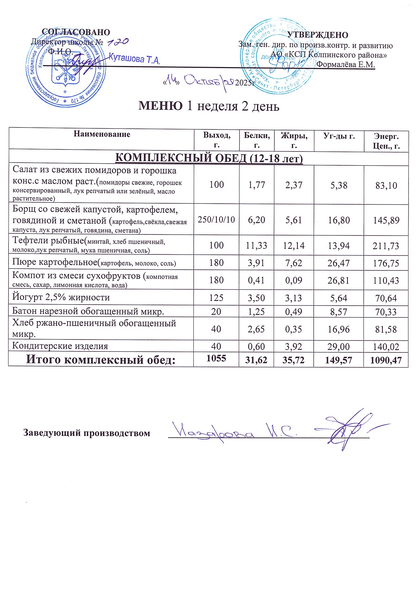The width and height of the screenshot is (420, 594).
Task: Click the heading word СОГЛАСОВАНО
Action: [76, 32]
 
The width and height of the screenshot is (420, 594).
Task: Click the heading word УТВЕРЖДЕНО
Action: [317, 35]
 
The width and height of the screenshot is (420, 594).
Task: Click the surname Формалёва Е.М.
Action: [345, 64]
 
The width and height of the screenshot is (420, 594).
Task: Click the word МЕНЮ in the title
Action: [161, 106]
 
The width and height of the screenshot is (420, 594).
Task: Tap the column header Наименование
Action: [102, 134]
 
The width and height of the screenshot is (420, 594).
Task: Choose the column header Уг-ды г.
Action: [339, 136]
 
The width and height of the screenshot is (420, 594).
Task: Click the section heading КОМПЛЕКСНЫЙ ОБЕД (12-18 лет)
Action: [209, 158]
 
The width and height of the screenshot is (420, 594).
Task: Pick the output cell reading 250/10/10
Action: [216, 220]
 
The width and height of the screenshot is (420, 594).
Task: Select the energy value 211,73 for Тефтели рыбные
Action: [386, 246]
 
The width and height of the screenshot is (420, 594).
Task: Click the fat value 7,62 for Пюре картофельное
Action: [294, 263]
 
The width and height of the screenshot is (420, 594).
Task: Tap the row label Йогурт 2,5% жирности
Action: [61, 298]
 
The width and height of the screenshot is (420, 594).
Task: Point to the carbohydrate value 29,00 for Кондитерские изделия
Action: [339, 346]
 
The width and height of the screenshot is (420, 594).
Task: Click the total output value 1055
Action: [216, 358]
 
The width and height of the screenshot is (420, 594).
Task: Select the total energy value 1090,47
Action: [386, 360]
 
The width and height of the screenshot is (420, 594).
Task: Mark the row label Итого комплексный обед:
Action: [101, 360]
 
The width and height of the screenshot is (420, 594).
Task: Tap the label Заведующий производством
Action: [87, 433]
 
